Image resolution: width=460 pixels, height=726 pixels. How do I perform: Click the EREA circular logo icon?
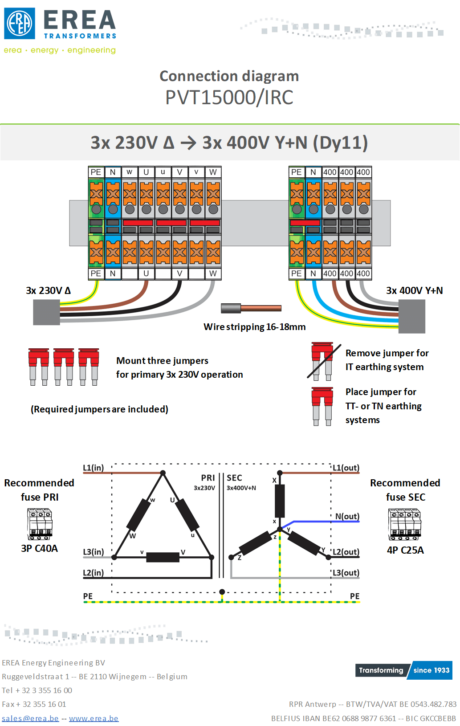20,23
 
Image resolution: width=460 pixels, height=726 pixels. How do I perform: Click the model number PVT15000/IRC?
229,97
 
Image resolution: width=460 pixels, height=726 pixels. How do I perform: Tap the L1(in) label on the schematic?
94,468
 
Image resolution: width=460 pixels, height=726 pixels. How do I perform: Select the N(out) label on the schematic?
347,516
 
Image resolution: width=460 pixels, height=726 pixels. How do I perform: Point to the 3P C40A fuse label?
39,548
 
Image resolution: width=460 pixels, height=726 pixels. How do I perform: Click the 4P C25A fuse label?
405,550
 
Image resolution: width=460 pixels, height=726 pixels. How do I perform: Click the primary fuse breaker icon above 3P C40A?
40,524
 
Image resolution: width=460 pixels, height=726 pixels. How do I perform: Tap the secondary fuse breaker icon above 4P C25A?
405,524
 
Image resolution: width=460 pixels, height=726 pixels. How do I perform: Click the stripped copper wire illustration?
251,308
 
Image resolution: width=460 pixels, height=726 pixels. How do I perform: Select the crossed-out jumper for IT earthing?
323,361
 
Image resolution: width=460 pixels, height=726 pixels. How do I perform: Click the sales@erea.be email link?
30,718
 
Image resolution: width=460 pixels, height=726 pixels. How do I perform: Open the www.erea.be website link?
94,718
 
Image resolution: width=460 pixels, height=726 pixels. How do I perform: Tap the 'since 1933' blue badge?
431,670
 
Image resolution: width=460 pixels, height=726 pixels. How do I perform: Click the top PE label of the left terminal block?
96,172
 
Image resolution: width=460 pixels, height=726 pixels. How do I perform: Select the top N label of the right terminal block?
313,172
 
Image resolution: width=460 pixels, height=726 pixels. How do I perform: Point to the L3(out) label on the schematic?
346,573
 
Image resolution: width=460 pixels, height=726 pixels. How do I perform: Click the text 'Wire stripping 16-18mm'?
255,327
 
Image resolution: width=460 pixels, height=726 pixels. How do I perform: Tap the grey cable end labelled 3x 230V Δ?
47,312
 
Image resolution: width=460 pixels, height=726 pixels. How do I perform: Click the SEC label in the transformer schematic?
234,478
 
